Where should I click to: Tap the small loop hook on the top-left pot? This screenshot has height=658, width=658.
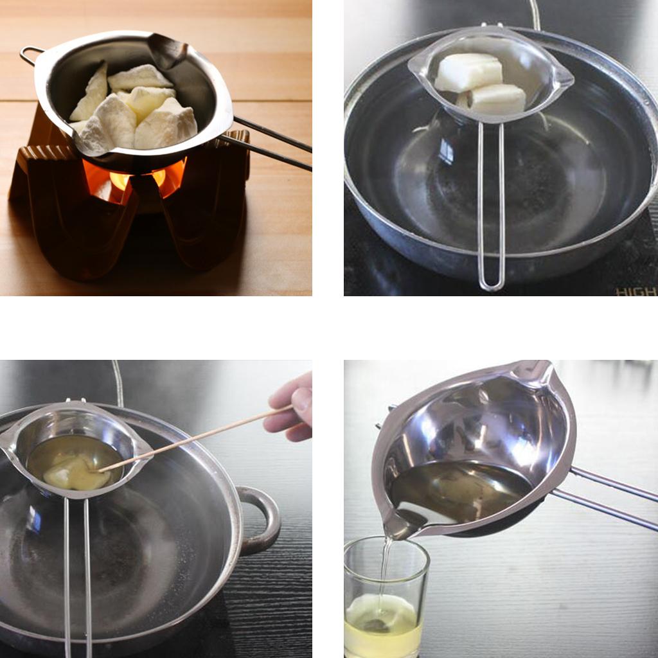coord(30,55)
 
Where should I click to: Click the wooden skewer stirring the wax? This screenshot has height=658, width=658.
coord(193,438)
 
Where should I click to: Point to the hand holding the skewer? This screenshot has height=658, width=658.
coord(290,407)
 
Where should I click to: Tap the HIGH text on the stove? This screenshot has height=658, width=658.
coord(636,291)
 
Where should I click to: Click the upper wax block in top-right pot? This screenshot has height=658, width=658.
coord(468,72)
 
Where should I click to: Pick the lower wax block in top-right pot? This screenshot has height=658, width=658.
coord(493,99)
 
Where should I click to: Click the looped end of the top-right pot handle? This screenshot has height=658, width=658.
coord(491,283)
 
